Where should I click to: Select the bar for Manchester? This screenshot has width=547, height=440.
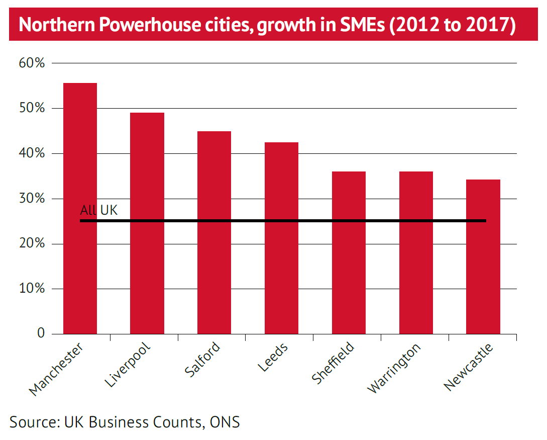click(x=80, y=208)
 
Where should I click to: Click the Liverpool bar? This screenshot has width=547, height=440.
click(x=147, y=223)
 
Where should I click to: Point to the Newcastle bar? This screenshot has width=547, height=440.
click(x=483, y=256)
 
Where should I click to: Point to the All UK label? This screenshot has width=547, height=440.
click(x=99, y=210)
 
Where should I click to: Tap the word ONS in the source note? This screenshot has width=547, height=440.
click(x=225, y=422)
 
